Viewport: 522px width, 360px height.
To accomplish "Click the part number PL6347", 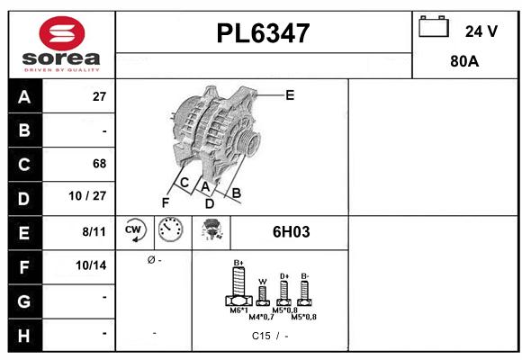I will coord(263,34).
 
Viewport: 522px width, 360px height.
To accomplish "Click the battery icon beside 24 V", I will coord(435,28).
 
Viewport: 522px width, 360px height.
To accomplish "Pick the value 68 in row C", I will coord(98,164).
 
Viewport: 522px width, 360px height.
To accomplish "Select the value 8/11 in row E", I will coord(93,231).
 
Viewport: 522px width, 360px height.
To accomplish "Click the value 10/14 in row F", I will coord(91,265).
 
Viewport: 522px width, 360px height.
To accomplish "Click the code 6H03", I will coord(291,231).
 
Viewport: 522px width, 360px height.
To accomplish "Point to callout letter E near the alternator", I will coord(289,94).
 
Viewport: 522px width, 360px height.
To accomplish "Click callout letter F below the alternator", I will coord(165,202).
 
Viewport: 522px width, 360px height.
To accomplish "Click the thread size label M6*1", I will coord(238,310).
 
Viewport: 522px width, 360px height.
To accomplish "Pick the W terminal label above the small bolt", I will coord(262,281).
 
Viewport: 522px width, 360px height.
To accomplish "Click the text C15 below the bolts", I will coord(262,336).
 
